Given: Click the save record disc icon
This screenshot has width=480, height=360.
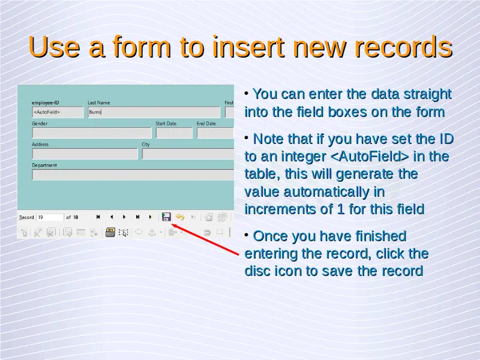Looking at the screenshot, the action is (166, 217).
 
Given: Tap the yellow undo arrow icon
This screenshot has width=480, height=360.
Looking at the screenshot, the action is (180, 217).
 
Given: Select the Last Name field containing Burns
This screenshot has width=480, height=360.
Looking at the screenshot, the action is (154, 112).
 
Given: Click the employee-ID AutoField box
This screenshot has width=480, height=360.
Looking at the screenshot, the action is (58, 112).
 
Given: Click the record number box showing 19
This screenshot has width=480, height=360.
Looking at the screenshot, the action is (50, 217).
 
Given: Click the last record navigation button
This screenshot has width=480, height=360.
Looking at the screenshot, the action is (137, 217).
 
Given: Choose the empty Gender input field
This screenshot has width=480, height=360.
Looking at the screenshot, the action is (92, 133).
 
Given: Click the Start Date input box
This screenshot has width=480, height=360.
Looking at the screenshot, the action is (174, 133).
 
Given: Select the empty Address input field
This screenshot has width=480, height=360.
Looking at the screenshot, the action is (85, 154).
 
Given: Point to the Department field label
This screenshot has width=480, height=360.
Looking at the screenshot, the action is (44, 166).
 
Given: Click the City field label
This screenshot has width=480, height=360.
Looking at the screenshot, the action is (146, 145).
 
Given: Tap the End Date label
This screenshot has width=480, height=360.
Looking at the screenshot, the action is (206, 124).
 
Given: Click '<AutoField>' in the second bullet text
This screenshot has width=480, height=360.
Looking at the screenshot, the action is (370, 157).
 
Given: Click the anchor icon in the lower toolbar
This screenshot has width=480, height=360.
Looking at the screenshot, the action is (152, 233).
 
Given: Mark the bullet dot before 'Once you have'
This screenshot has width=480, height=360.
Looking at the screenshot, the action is (247, 235).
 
